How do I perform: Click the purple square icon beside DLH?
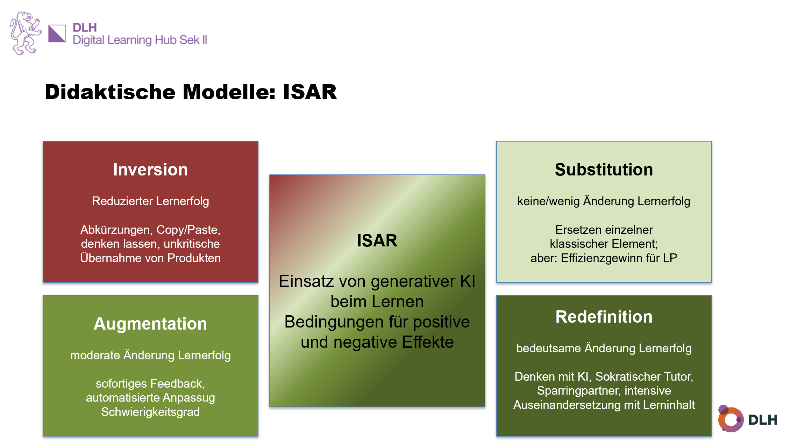57,34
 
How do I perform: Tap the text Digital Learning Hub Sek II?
140,40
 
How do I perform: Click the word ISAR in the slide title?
309,92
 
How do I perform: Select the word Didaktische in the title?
110,92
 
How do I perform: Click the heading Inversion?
150,170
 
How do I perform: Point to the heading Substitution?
604,170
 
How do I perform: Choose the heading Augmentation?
150,324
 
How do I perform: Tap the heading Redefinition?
604,317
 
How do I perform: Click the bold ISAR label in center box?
377,240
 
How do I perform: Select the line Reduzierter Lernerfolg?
150,201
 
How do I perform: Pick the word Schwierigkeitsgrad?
150,412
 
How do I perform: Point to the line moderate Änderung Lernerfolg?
150,355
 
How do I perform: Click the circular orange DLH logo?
731,419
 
